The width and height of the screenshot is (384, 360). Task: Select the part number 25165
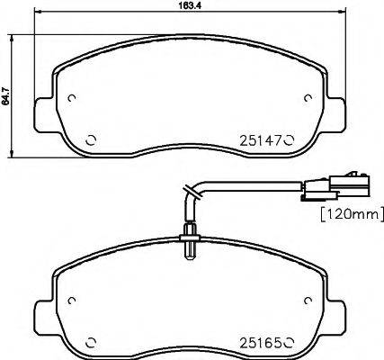(260, 343)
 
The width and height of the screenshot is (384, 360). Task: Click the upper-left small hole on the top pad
(73, 99)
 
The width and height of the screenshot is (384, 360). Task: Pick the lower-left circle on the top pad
(90, 139)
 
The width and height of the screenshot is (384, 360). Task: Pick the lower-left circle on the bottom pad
(90, 343)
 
